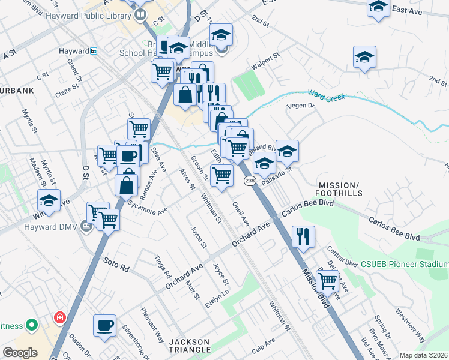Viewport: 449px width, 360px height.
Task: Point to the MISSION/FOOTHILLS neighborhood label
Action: pyautogui.click(x=340, y=190)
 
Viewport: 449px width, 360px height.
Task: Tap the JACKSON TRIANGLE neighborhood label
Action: pyautogui.click(x=190, y=345)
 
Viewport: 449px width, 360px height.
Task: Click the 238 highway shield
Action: pyautogui.click(x=249, y=181)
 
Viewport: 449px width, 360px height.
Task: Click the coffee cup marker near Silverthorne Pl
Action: pyautogui.click(x=104, y=325)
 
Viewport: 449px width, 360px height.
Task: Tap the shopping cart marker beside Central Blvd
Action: pyautogui.click(x=327, y=280)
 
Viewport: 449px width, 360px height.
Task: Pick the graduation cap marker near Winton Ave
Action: pyautogui.click(x=49, y=200)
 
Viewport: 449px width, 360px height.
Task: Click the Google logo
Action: pyautogui.click(x=20, y=353)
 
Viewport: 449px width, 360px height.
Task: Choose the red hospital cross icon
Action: pyautogui.click(x=59, y=317)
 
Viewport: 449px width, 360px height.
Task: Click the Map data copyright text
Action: pyautogui.click(x=424, y=355)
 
